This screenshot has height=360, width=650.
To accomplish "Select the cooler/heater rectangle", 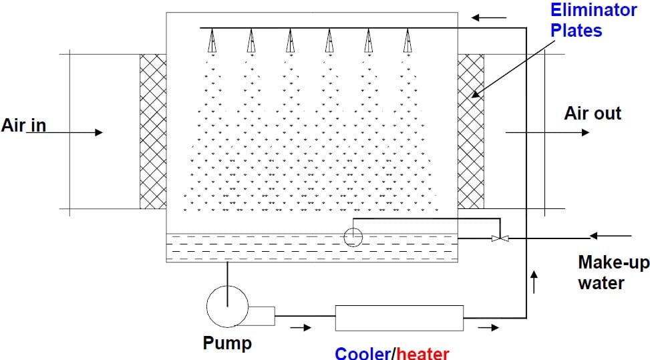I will point(399,318).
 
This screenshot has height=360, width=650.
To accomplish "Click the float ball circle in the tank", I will point(352,236).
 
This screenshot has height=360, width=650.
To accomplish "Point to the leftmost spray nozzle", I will point(212,42).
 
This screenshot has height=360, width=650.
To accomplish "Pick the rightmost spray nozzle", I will point(407,42).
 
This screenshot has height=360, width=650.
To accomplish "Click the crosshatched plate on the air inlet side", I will point(153,132).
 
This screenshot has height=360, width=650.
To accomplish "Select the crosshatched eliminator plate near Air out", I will point(470,132).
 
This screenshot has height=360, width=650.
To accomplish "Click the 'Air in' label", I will point(24,126).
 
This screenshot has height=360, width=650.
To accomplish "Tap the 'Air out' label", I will point(593,114).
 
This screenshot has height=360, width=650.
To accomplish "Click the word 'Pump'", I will point(227,344).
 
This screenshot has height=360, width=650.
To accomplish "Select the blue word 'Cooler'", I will point(363,353).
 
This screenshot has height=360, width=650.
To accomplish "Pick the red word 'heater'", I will point(423,353).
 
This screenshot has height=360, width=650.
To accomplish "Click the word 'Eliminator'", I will point(593,10).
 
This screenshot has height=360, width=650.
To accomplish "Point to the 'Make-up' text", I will point(613,262).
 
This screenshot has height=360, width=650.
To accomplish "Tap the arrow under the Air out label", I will point(548,132).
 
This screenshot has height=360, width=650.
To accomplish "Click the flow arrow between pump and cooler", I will point(301,328).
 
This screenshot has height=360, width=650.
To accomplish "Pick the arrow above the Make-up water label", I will point(611,235).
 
